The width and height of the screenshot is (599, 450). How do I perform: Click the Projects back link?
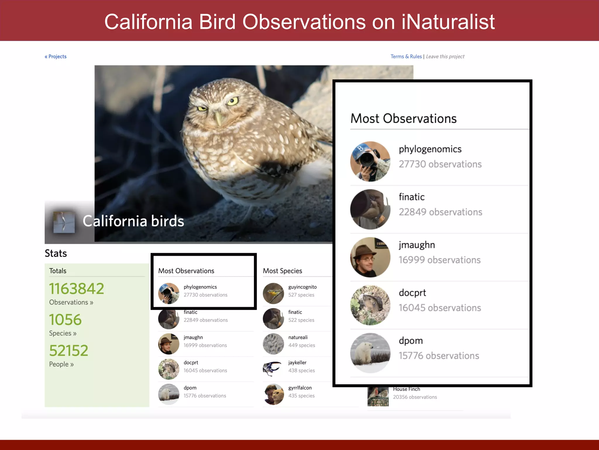(56, 57)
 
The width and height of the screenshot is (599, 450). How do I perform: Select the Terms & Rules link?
(406, 57)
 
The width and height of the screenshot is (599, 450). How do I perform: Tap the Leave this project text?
(445, 57)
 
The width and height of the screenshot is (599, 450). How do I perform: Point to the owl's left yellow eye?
(233, 101)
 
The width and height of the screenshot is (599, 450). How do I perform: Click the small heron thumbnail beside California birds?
(64, 222)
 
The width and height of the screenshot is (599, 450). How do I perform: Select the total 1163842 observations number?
(77, 289)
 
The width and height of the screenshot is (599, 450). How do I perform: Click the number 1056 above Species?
(65, 320)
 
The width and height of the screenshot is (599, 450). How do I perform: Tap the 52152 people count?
(69, 351)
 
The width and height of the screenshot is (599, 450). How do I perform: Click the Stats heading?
(56, 253)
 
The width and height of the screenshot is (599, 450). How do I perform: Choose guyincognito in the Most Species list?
(302, 287)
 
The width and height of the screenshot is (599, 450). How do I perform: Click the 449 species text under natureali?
(302, 345)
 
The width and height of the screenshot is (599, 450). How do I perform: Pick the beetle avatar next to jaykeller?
(273, 369)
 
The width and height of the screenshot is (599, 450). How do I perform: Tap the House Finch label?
(406, 389)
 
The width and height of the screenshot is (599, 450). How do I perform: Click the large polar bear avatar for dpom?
(370, 353)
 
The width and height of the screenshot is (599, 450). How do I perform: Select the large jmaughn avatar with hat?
(370, 257)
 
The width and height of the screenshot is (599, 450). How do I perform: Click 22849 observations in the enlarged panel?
(440, 212)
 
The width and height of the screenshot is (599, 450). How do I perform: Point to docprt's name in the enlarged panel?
(412, 293)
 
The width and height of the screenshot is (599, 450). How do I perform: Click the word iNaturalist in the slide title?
(448, 22)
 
